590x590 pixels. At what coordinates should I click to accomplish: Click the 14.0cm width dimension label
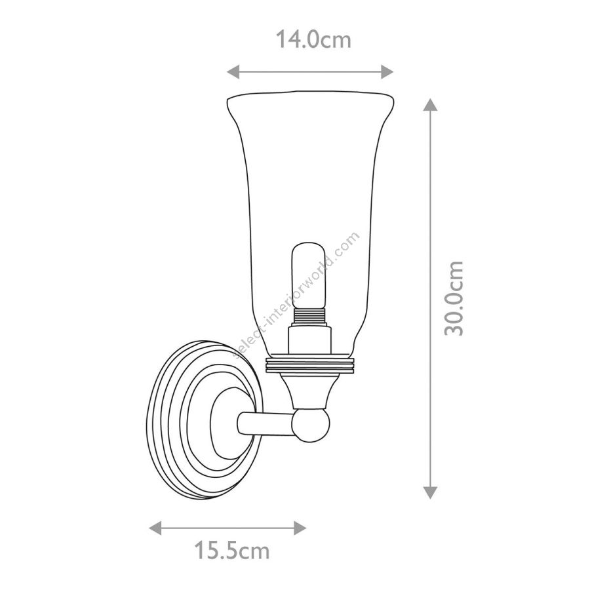tap(313, 39)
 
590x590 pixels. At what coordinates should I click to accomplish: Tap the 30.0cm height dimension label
tap(454, 298)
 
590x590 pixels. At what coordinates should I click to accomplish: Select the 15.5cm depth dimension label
tap(232, 551)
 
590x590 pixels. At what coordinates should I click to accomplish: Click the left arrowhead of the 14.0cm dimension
tap(233, 71)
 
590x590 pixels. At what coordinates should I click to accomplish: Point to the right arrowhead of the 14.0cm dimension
tap(387, 71)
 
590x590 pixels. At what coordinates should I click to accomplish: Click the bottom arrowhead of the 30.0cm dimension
tap(430, 492)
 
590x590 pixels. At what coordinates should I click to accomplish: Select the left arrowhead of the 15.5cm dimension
tap(155, 528)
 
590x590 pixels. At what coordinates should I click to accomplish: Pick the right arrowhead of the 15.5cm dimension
tap(300, 528)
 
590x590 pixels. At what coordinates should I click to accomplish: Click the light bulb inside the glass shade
tap(309, 275)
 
